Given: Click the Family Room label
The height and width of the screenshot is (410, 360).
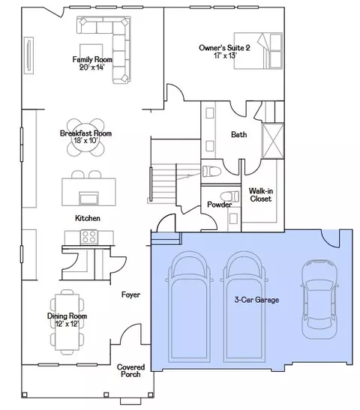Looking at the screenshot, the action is point(92,60).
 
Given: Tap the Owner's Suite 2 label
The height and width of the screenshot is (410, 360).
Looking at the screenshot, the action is point(224,48).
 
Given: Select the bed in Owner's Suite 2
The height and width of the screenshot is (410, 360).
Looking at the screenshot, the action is point(258,51).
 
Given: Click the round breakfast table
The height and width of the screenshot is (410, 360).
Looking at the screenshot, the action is point(85,137).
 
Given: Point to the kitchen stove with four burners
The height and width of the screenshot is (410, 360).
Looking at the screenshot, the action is point(89,237).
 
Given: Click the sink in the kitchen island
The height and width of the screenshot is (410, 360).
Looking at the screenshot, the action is point(89,198).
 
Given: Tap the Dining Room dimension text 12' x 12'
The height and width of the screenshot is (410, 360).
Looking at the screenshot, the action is point(67,324).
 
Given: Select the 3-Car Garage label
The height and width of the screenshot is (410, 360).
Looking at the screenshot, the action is point(256,300).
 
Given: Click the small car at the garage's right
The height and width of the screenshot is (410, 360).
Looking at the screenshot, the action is point(319,299).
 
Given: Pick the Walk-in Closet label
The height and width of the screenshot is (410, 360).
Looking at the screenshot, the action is point(260,195).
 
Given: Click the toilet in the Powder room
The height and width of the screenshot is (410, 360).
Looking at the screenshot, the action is point(229,196).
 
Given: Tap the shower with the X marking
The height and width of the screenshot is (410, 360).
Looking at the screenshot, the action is point(273,141).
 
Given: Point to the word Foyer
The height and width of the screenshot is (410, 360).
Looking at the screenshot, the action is point(130,295).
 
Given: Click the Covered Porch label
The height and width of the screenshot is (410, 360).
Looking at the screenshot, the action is point(130,371).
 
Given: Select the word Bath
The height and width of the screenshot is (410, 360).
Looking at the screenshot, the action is point(238,135).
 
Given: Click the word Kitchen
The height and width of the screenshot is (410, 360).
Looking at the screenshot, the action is point(88,218).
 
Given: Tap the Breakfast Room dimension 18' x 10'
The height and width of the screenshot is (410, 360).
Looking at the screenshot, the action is point(85,141).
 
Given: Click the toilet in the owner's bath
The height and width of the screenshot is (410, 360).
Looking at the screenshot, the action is point(211,172).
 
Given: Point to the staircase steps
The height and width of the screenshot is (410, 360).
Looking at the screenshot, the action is point(162,184).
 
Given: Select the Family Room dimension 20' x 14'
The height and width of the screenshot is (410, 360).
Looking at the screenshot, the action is point(91,67).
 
